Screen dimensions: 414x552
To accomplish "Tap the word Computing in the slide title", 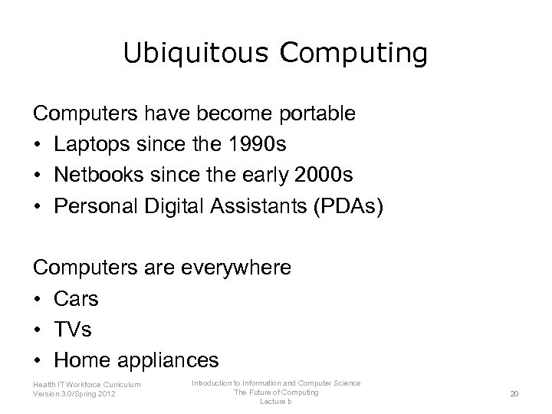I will point(354,54).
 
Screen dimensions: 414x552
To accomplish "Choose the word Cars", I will point(76,298).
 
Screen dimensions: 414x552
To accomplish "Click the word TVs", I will point(72,329).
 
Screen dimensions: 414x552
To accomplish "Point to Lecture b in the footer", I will point(276,402).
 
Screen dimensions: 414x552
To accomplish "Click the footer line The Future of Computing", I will point(276,393).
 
